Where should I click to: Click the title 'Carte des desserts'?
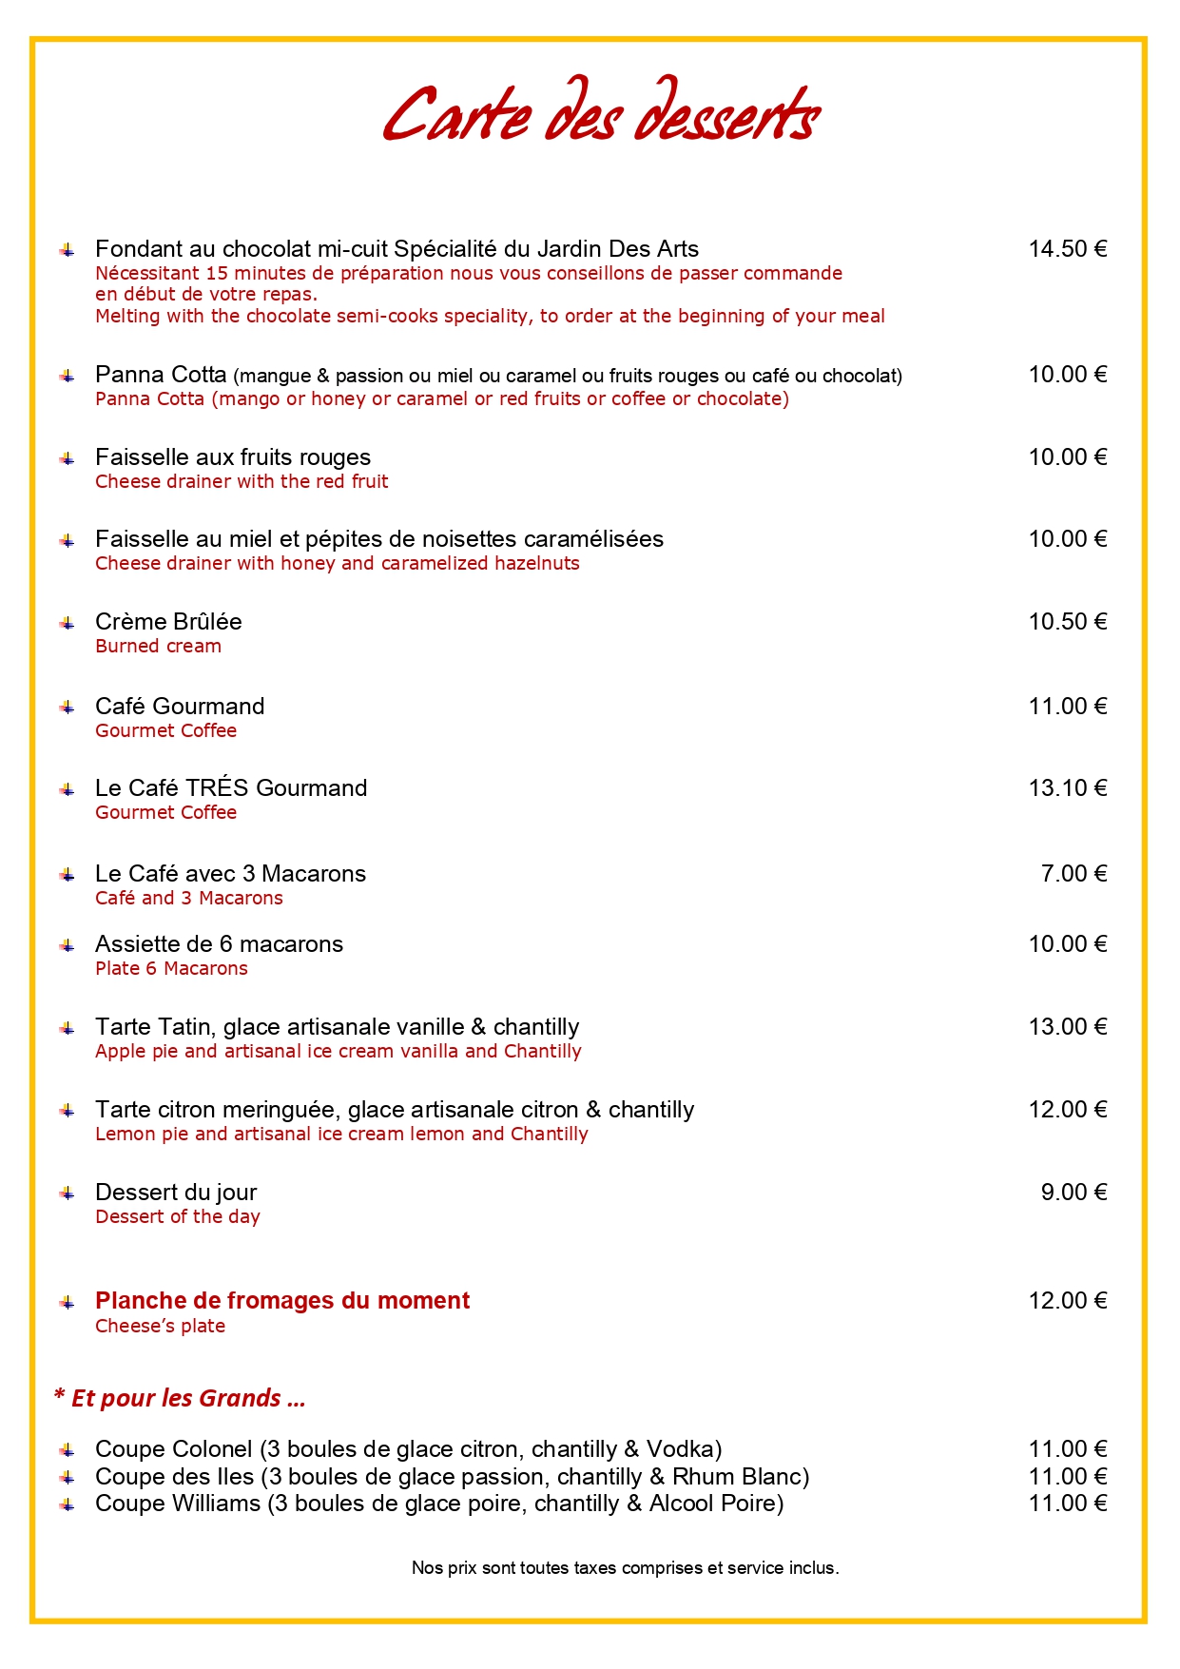(601, 114)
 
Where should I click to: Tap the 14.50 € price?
(1067, 249)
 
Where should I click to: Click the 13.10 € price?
(1067, 788)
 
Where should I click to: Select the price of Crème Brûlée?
(1067, 622)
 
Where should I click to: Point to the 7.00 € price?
(1074, 874)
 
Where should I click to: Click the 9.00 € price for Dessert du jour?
(1074, 1193)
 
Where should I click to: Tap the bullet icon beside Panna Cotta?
(67, 377)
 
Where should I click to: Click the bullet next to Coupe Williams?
(67, 1504)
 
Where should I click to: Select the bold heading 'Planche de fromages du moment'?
(282, 1301)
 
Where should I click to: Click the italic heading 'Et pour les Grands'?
(181, 1398)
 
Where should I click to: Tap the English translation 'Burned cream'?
(158, 647)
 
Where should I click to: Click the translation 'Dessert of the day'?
(178, 1217)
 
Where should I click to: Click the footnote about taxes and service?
(625, 1568)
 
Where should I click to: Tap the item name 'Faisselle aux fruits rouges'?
(233, 457)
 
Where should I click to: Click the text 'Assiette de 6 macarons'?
(219, 944)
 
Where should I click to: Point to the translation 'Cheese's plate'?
(160, 1327)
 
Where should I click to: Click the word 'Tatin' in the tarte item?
(186, 1027)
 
